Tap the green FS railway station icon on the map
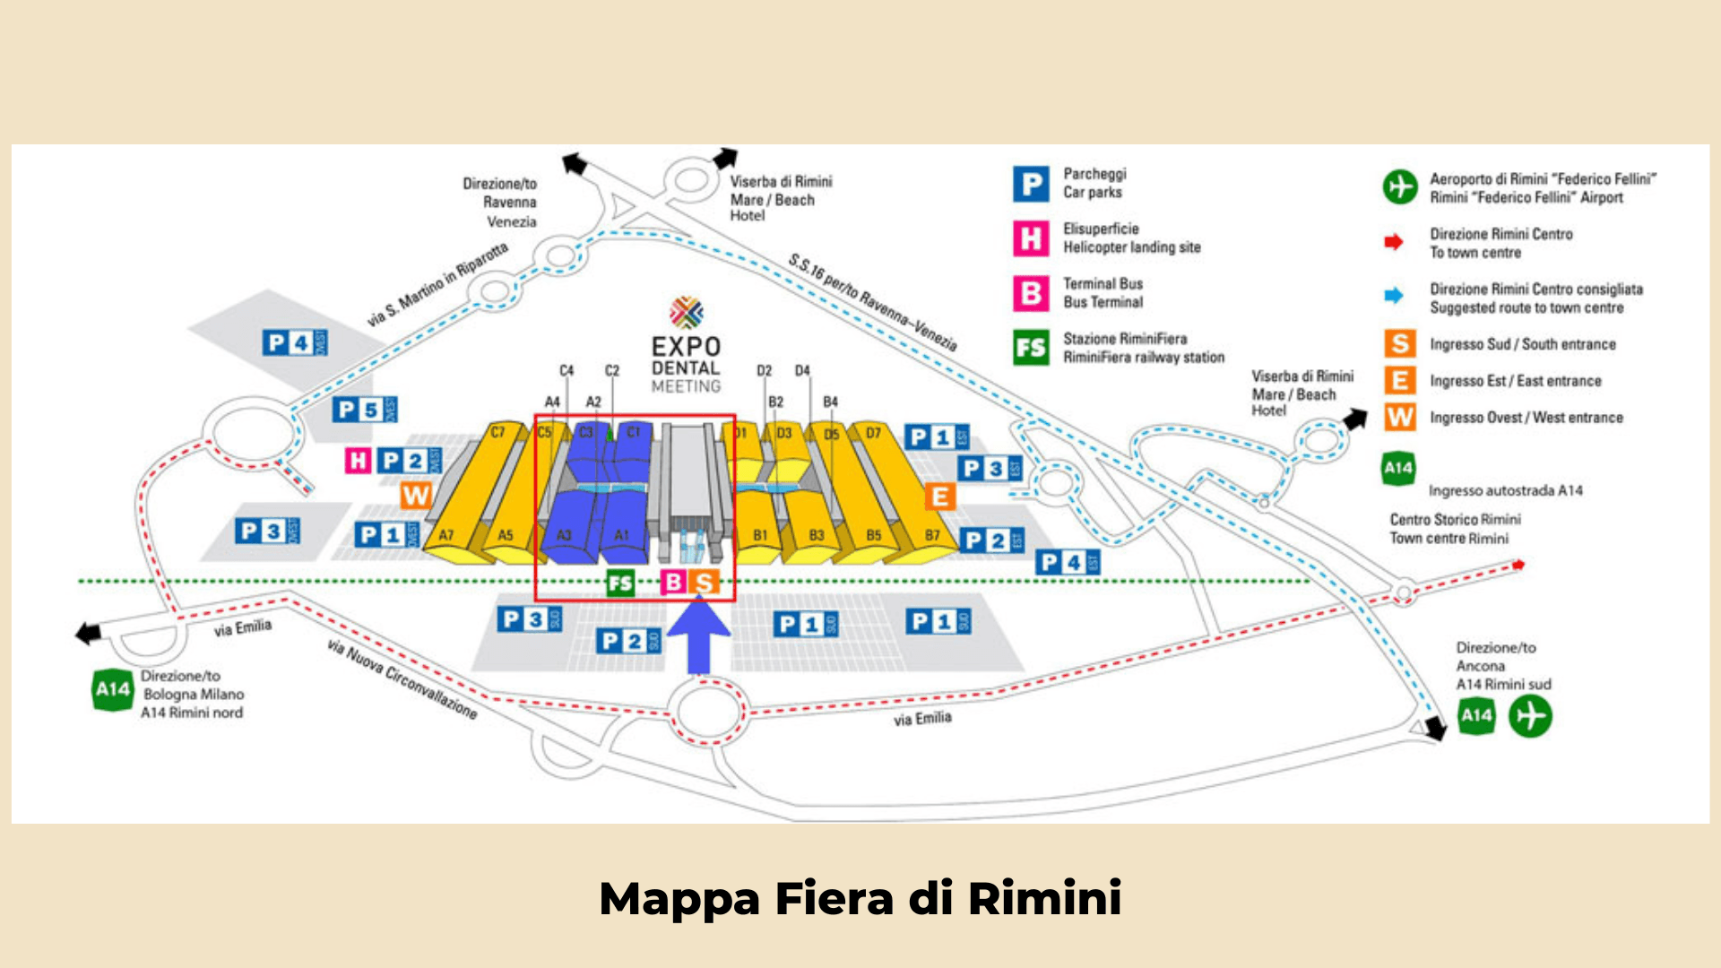[619, 583]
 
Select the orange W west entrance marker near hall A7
[416, 495]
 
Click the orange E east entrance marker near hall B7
[939, 496]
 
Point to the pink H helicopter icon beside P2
[359, 461]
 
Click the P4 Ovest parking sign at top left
[295, 342]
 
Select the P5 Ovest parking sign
[365, 410]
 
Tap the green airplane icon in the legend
[1399, 186]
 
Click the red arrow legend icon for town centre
[1393, 242]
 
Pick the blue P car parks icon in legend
[1031, 184]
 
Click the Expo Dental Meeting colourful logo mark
[687, 312]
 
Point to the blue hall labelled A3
[565, 529]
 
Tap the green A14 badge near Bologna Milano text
[113, 689]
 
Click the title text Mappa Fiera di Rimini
[860, 898]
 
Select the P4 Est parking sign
[1068, 562]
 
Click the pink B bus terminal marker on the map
[672, 583]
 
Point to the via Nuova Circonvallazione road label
[402, 678]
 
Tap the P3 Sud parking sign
[530, 618]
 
